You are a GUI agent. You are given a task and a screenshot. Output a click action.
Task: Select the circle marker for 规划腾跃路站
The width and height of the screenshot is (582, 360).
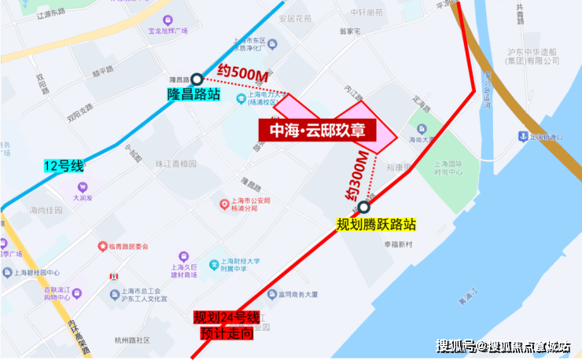363,208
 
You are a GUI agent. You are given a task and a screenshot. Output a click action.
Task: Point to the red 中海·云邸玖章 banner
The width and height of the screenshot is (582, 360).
318,130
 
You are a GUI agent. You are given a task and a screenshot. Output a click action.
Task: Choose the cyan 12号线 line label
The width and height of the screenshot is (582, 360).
63,166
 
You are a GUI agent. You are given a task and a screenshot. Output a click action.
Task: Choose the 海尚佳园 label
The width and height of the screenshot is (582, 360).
45,210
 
